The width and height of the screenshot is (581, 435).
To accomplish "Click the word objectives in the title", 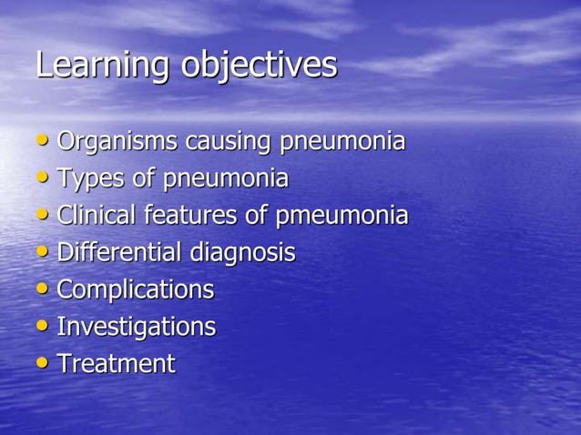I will (x=259, y=66).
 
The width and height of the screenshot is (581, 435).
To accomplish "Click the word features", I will (x=199, y=216).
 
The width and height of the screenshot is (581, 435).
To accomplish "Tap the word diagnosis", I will (x=242, y=252).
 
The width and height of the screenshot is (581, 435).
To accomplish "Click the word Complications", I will (x=136, y=289).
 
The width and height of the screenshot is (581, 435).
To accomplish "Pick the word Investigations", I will (x=137, y=327).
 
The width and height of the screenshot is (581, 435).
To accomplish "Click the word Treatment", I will (x=116, y=363).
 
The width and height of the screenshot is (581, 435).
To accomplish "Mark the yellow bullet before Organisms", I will (x=44, y=142).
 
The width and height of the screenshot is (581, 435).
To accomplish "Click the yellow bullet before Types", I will (x=44, y=178).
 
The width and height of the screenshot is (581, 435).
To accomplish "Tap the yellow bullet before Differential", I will (x=44, y=252).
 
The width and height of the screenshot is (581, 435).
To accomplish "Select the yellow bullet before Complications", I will (x=44, y=289).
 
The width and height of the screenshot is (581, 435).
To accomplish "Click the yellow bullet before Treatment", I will (x=44, y=363).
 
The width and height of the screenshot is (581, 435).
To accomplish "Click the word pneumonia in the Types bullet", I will (x=225, y=179).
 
